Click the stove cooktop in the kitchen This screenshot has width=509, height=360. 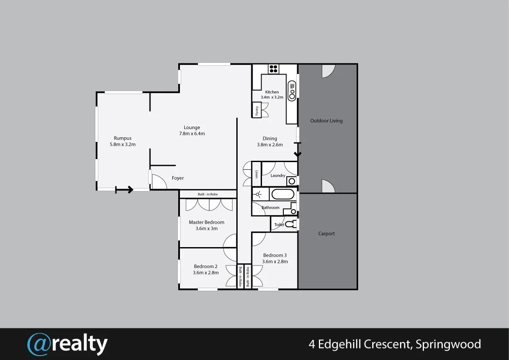coord(274,68)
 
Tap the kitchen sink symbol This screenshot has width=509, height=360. coord(292,91)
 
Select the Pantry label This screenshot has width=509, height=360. coord(257,110)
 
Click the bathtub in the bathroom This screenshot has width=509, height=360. coord(283,195)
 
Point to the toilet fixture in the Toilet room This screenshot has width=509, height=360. coord(290,224)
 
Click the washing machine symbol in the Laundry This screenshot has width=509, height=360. coord(291,181)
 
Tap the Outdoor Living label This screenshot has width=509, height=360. coord(326,121)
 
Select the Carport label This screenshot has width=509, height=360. coord(327,233)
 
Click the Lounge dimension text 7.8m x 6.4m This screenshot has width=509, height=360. coord(192,133)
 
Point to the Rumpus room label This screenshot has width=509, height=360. coord(123,138)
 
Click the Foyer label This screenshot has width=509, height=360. coord(178,178)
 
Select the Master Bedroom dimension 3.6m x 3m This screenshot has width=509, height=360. coord(206,228)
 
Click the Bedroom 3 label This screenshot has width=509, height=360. coord(275,255)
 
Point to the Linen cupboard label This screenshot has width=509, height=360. coord(256,174)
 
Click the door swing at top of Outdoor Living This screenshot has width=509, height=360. coord(328,71)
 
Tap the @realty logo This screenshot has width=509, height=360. coord(68,344)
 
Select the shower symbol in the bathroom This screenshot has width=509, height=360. coord(258,195)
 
